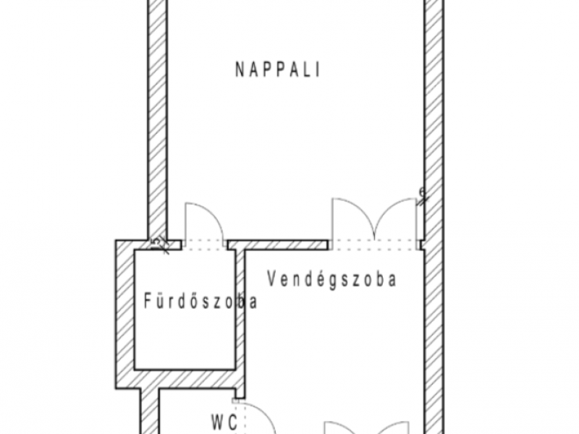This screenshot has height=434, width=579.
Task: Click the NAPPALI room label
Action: point(278,69)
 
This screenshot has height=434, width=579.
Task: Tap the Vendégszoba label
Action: point(331,279)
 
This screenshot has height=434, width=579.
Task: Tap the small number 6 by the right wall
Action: point(422,192)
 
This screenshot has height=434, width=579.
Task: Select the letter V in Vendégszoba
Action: point(272,279)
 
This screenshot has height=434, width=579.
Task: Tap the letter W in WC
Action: point(216,420)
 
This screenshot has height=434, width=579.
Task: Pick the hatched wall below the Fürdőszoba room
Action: point(185,378)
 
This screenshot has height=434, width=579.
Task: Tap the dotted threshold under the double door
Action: point(375,244)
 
